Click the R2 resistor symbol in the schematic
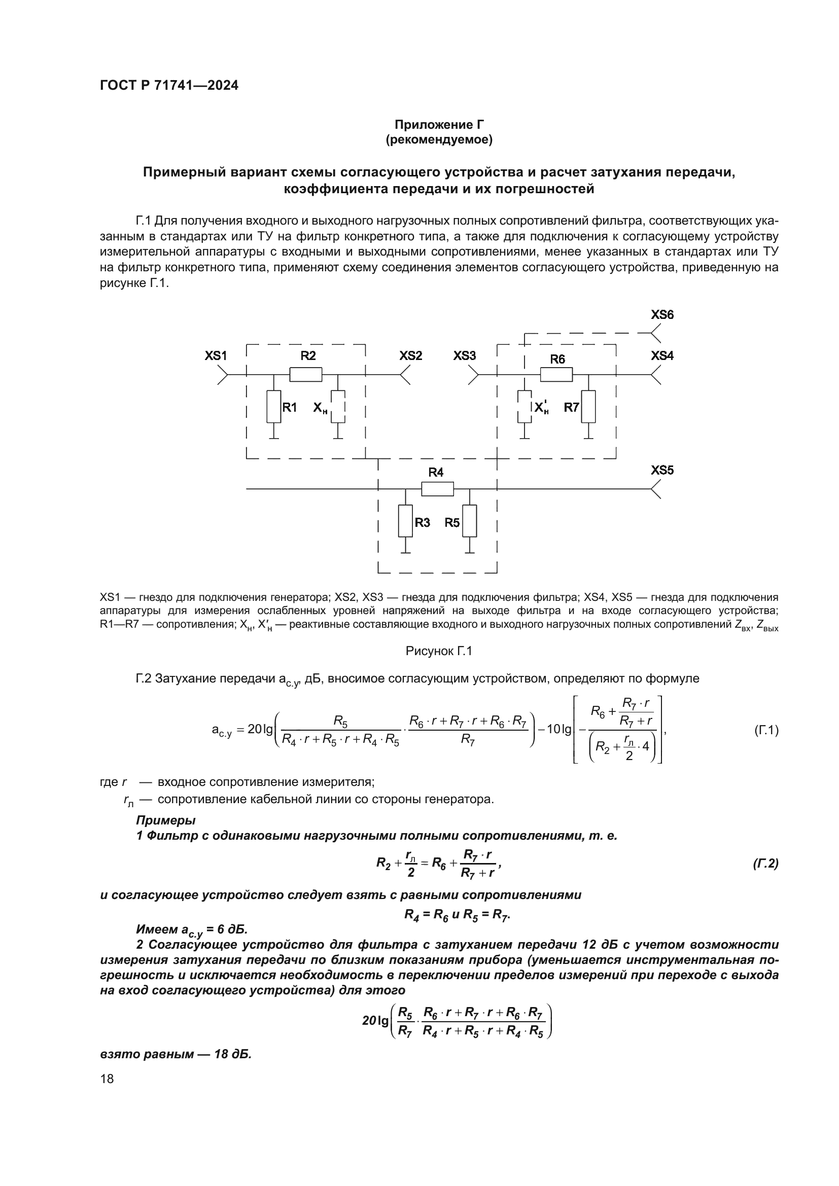[x=306, y=374]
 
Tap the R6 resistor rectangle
[x=556, y=374]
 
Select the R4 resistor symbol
[x=438, y=489]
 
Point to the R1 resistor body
[x=274, y=407]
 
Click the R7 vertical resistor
[x=588, y=407]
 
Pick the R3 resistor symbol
[x=406, y=522]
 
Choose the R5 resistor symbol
[x=470, y=522]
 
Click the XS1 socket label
[x=216, y=356]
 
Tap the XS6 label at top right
[x=662, y=315]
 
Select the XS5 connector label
[x=662, y=471]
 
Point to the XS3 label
[x=465, y=356]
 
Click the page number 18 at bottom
[x=107, y=1079]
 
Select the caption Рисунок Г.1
[x=439, y=652]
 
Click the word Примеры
[x=166, y=820]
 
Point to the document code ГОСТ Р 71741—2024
[x=169, y=86]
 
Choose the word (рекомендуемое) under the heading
[x=439, y=139]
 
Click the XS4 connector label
[x=662, y=356]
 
